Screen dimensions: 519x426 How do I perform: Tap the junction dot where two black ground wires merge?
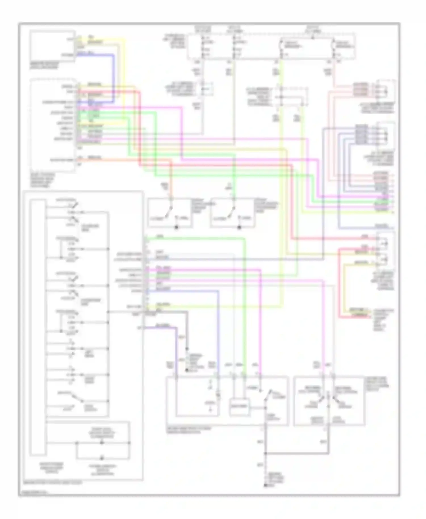[x=266, y=453]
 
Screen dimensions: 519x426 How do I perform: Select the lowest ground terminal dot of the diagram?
[x=266, y=485]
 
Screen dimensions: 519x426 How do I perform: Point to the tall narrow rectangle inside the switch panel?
[x=38, y=327]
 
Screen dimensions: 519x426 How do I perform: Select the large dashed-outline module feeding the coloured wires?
[x=53, y=125]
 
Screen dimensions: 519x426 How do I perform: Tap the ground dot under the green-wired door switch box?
[x=239, y=227]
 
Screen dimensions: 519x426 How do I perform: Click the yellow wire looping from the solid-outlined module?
[x=124, y=79]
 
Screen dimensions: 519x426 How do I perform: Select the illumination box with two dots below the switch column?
[x=102, y=451]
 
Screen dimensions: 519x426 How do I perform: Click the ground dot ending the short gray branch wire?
[x=187, y=370]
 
